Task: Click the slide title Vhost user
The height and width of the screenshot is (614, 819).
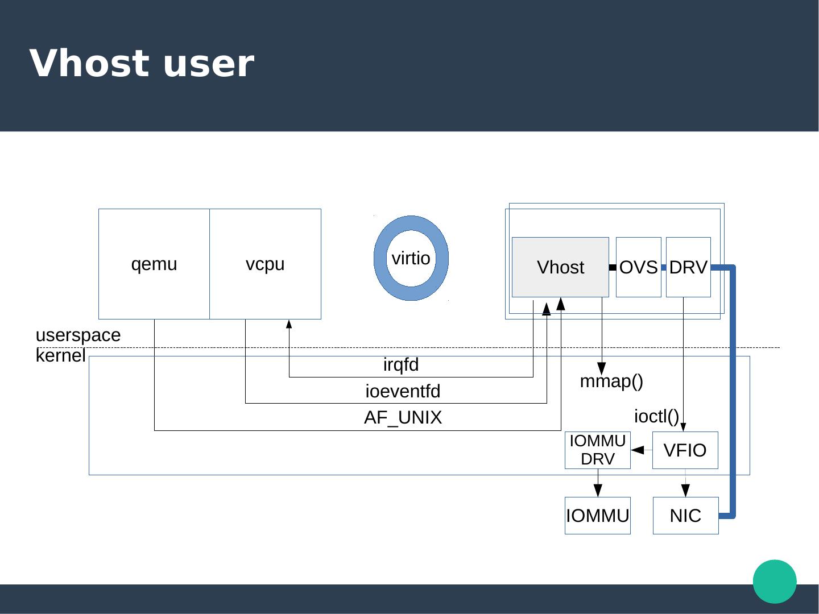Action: pos(142,64)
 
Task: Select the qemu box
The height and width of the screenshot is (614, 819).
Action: pos(154,264)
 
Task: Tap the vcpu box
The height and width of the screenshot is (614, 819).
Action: pos(265,264)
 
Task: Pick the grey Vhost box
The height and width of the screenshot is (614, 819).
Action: pos(560,267)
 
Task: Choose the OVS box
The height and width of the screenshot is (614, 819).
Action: pos(638,267)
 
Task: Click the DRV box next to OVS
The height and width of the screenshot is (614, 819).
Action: pos(688,267)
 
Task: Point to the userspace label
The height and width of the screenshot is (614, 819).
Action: pos(78,335)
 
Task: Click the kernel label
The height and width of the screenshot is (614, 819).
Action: pos(60,356)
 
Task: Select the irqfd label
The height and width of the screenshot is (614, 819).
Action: pos(401,365)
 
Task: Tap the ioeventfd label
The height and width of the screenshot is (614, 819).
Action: pos(403,392)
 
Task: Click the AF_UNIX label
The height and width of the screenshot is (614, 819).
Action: pos(403,418)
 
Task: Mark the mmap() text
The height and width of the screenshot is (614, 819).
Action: pos(611,381)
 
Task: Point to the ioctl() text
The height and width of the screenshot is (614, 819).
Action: pos(656,416)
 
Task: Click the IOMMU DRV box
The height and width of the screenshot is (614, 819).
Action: pos(598,450)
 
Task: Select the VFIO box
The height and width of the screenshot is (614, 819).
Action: pos(685,450)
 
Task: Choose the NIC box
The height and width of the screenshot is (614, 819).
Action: pos(685,516)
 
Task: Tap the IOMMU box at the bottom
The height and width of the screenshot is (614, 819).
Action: pos(598,516)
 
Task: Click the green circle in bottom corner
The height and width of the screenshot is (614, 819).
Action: pos(775,581)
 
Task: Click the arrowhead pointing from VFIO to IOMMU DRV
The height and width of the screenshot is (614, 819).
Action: pos(638,450)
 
